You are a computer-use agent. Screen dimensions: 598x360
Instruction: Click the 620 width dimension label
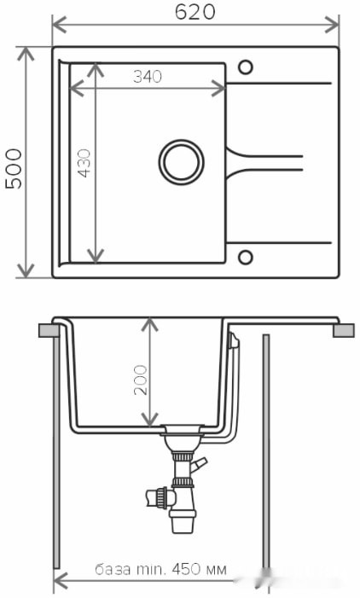tap(195, 12)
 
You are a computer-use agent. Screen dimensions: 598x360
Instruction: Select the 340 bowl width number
tap(148, 77)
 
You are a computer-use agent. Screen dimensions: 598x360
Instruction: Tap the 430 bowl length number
tap(84, 163)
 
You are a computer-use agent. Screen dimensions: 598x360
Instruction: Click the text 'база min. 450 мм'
tap(160, 570)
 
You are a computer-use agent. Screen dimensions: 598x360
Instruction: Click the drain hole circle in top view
tap(181, 160)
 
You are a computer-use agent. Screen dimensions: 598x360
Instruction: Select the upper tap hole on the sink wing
tap(246, 67)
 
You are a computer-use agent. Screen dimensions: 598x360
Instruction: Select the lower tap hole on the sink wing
tap(246, 257)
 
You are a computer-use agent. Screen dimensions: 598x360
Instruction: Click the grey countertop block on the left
tap(47, 329)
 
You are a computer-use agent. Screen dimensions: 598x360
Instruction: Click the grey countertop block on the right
tap(343, 329)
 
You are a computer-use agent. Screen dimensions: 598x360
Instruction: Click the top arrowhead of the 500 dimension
tap(26, 53)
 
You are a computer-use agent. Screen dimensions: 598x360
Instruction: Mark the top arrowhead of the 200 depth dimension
tap(150, 324)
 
